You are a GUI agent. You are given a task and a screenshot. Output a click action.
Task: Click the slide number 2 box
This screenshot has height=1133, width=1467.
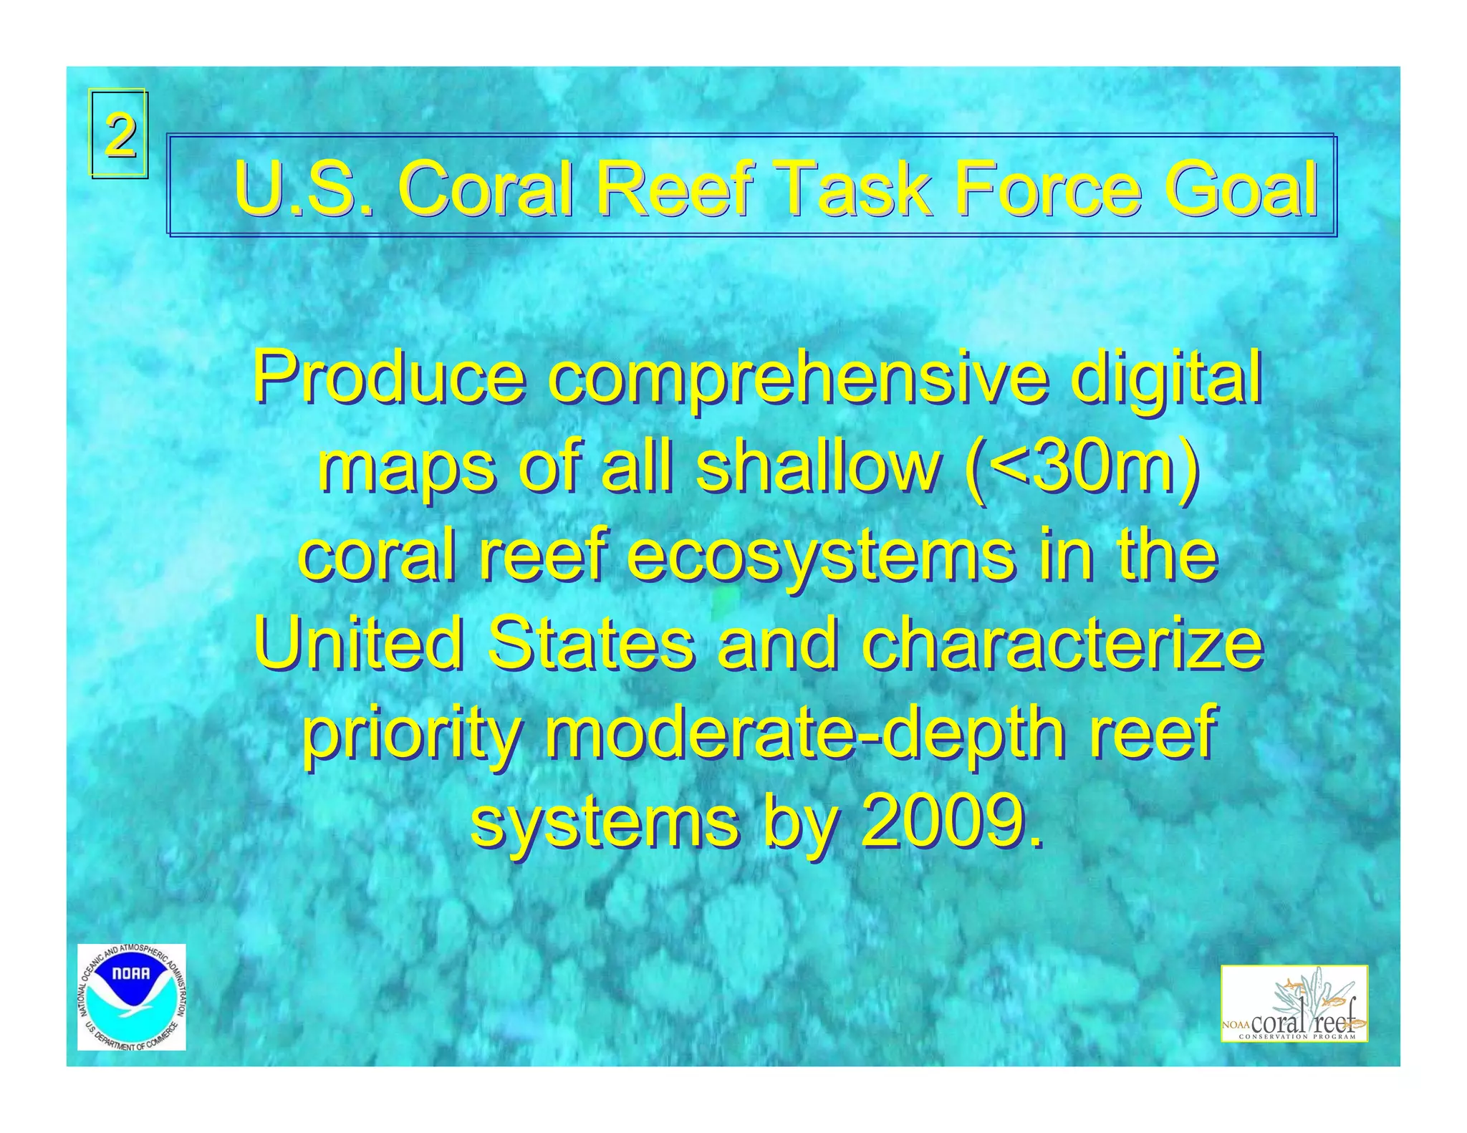point(119,134)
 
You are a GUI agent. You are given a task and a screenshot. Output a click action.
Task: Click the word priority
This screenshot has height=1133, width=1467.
point(410,735)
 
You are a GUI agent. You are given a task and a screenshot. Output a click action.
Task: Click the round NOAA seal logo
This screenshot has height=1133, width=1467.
point(131,997)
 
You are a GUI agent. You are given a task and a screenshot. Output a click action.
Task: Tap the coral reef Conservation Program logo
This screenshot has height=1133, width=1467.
point(1294,1003)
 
